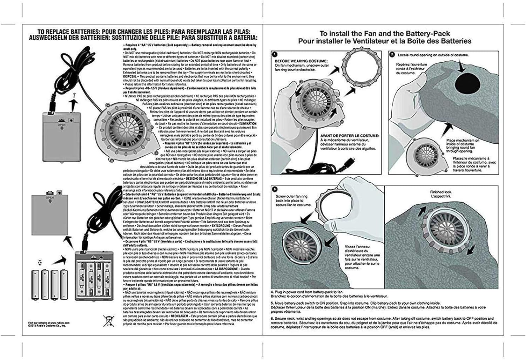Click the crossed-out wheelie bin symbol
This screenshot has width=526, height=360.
pyautogui.click(x=108, y=321)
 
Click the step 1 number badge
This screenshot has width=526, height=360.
pyautogui.click(x=275, y=55)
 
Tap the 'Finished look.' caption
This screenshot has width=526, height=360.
pyautogui.click(x=441, y=192)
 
